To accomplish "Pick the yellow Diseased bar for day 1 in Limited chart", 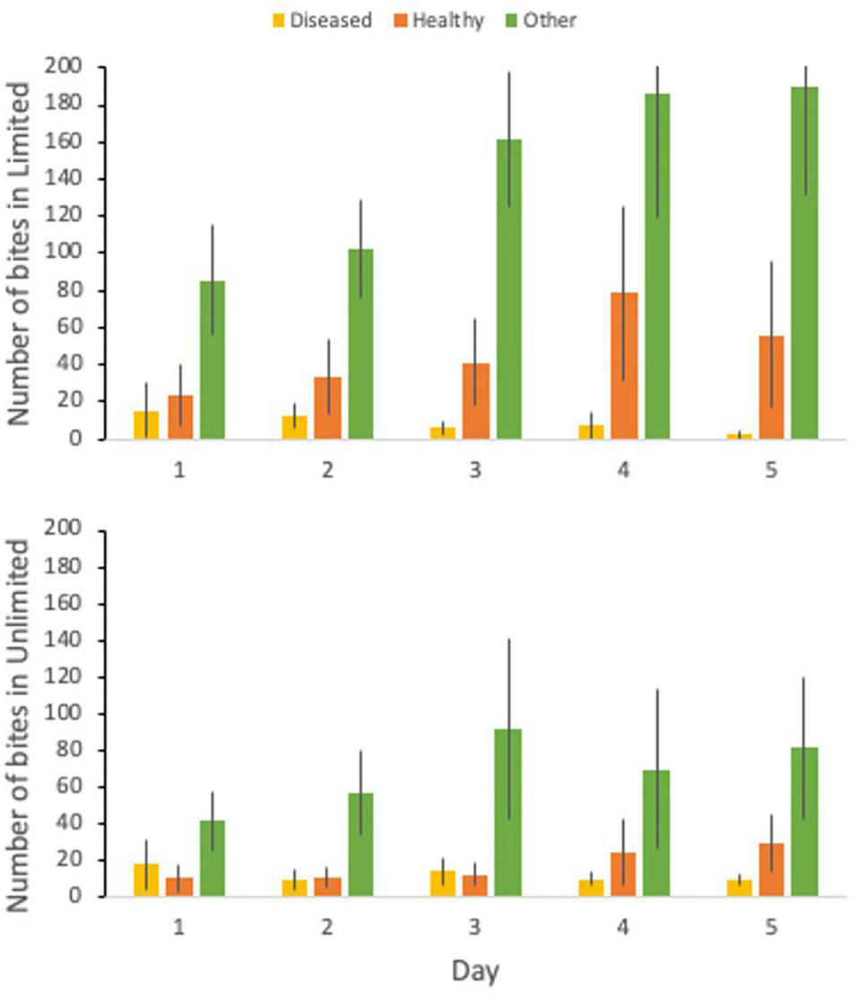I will pos(146,426).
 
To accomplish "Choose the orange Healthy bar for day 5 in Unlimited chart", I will pos(772,870).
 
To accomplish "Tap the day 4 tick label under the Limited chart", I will pos(622,469).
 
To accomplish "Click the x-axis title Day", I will pos(475,971).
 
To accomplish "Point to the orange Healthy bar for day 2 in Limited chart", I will pos(327,408).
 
